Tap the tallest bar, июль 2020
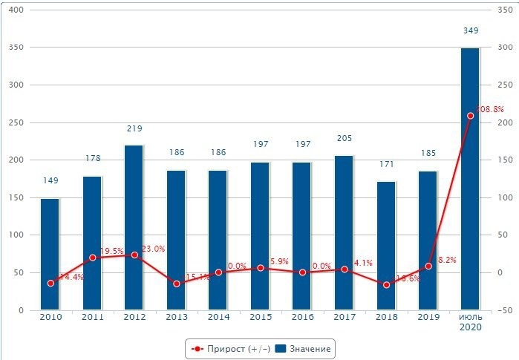point(470,178)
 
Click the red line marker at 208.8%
point(470,116)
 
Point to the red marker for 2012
point(134,255)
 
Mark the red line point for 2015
point(260,268)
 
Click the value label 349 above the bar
point(470,30)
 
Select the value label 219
point(134,128)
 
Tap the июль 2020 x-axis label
point(470,321)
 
